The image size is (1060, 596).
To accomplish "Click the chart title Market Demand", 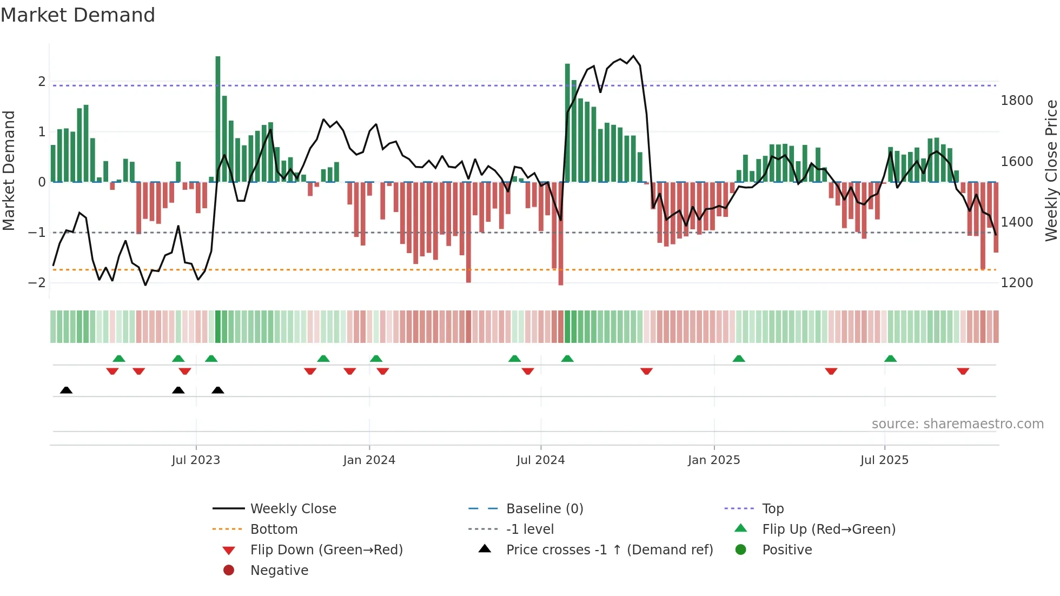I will (78, 15).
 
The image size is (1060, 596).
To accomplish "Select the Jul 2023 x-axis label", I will (196, 460).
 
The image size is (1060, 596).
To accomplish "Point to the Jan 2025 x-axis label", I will (714, 460).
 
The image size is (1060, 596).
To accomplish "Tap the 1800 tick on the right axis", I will (1017, 101).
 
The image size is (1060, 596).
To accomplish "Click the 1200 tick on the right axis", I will (1017, 283).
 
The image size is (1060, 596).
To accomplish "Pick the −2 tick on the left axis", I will (37, 283).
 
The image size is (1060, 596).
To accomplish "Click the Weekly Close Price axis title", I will (1051, 170).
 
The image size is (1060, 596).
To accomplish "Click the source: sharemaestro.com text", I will (957, 424).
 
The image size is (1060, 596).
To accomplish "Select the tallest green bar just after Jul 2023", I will (218, 119).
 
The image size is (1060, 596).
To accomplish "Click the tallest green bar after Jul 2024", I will (567, 123).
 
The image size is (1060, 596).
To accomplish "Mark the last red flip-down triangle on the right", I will (963, 372).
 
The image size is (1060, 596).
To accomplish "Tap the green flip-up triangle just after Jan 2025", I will (739, 359).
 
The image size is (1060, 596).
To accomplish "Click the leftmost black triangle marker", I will (66, 390).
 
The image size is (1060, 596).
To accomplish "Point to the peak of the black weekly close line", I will (634, 56).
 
